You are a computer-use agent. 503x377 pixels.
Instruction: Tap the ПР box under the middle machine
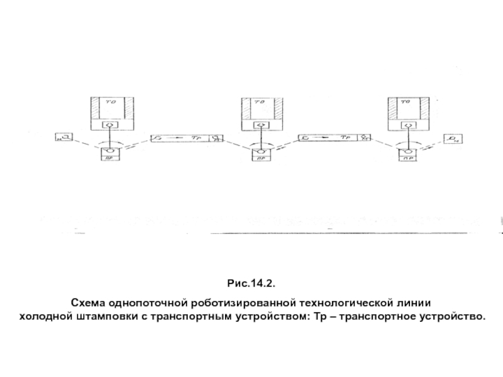pyautogui.click(x=259, y=158)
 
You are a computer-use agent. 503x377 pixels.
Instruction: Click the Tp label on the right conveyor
pyautogui.click(x=345, y=137)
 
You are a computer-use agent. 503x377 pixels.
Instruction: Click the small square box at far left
pyautogui.click(x=64, y=138)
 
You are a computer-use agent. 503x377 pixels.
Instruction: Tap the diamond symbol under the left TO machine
pyautogui.click(x=111, y=126)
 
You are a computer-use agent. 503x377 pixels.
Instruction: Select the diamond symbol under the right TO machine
pyautogui.click(x=408, y=126)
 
